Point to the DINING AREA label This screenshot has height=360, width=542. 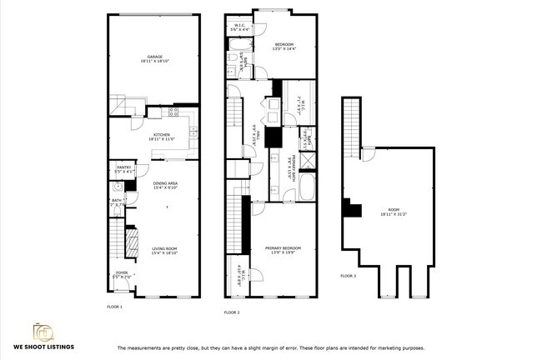(164, 185)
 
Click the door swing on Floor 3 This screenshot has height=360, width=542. (368, 155)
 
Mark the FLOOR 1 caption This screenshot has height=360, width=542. (114, 307)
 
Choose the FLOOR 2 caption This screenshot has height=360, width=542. (232, 312)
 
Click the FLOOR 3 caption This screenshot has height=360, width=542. (348, 275)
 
